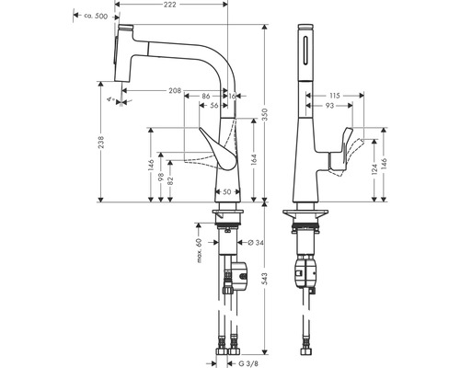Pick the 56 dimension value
[213, 105]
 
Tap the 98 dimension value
[160, 175]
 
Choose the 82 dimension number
[172, 182]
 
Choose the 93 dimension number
[330, 105]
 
